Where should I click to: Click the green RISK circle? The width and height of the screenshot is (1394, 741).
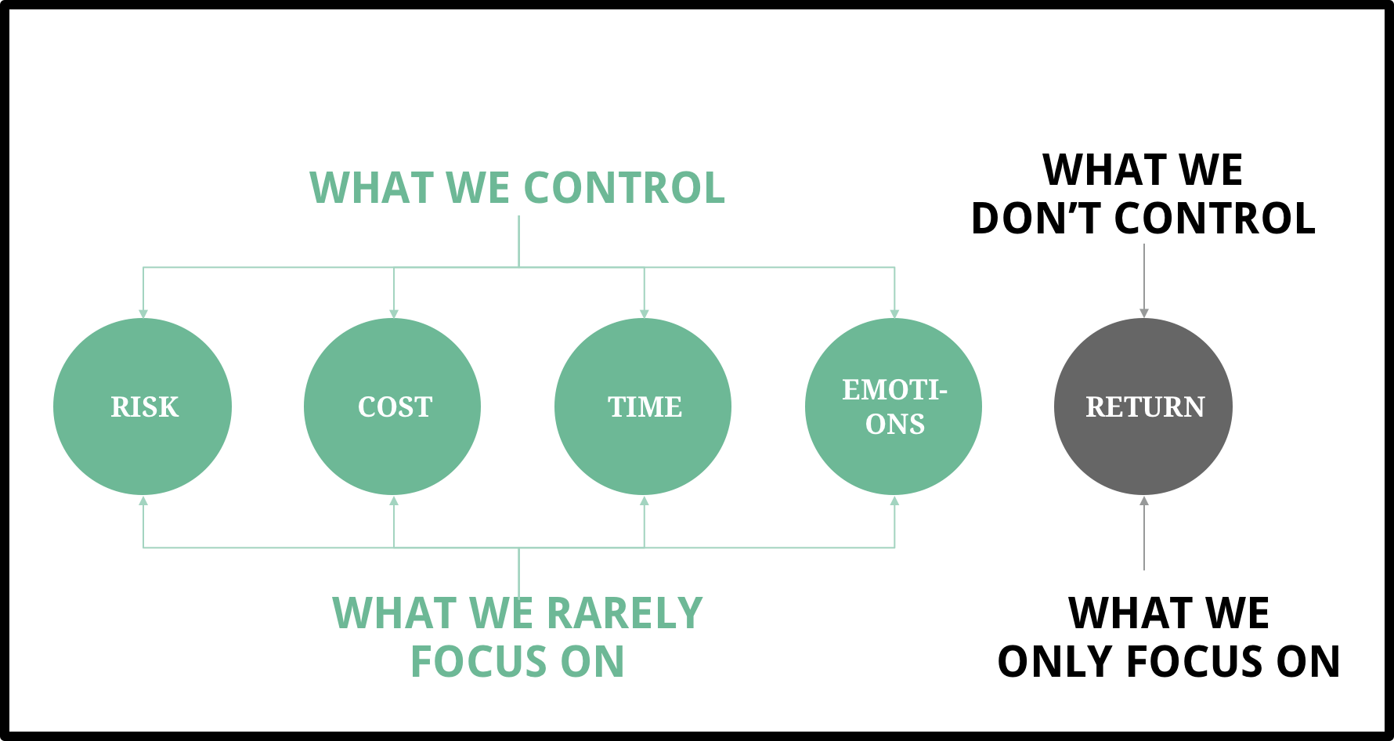143,407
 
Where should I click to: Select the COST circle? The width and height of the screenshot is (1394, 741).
393,407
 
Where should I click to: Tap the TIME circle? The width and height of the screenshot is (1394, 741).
644,407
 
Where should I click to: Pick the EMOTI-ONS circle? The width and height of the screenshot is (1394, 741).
894,407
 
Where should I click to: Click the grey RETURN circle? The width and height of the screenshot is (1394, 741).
1143,407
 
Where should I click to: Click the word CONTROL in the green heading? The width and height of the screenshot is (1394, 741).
624,188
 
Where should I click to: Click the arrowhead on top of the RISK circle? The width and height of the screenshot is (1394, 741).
143,314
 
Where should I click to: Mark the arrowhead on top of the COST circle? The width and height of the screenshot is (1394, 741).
394,314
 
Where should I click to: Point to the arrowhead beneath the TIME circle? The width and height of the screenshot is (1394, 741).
645,501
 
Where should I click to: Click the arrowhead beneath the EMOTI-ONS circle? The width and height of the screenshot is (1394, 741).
894,501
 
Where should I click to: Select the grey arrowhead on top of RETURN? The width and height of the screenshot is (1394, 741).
1144,313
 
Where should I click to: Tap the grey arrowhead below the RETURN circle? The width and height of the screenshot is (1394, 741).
1144,501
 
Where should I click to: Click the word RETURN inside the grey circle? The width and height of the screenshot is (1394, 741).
1145,407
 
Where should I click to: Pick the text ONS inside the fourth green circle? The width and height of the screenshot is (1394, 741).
895,425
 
